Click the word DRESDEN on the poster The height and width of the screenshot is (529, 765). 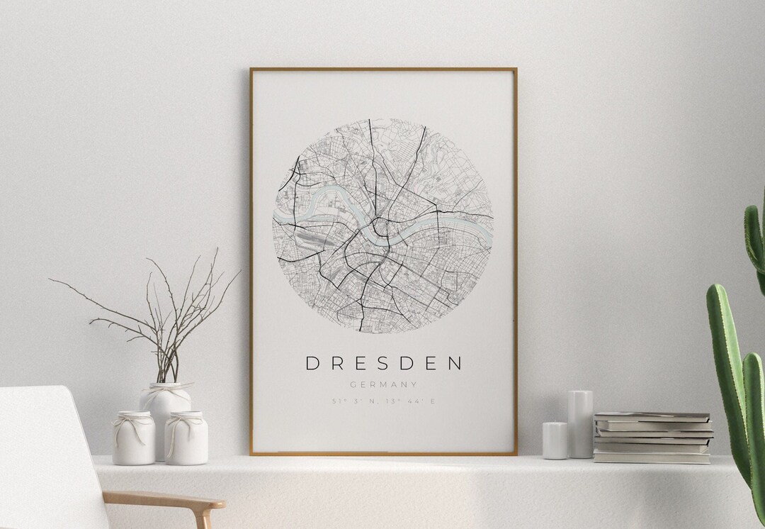383,363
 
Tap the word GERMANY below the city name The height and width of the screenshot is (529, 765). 383,384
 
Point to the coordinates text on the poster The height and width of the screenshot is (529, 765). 383,401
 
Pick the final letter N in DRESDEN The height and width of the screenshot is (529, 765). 455,363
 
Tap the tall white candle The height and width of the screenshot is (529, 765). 580,423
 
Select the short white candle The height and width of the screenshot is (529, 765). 555,440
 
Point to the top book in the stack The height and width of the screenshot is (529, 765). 652,416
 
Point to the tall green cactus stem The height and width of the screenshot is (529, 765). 730,369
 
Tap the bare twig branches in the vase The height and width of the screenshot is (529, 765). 163,312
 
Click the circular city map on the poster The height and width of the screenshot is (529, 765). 382,225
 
